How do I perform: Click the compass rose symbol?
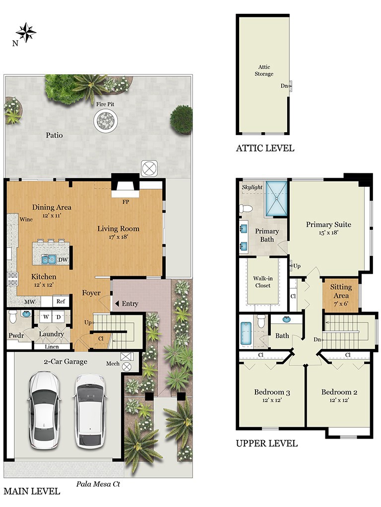pos(26,32)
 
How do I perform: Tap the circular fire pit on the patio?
pos(106,120)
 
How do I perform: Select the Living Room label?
pos(118,229)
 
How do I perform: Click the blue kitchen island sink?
pos(49,259)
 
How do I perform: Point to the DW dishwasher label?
pos(63,259)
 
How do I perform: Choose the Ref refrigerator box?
pos(61,302)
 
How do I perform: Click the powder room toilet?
pos(13,316)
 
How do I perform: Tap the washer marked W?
pos(46,317)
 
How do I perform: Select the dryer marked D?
pos(59,317)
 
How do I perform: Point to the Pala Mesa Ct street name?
pos(98,484)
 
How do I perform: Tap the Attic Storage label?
pos(264,70)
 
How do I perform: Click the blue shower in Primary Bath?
pos(276,198)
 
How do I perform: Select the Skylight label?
pos(252,187)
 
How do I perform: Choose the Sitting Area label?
pos(341,291)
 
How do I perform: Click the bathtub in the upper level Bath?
pos(246,334)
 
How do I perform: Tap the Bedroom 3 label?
pos(272,392)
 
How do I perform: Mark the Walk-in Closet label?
pos(263,282)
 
